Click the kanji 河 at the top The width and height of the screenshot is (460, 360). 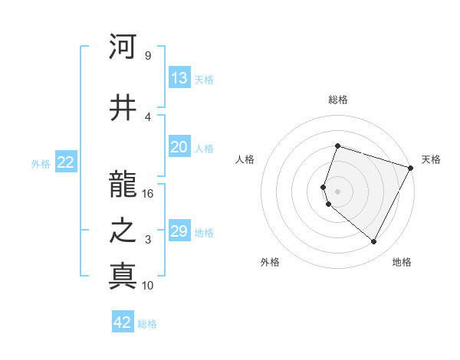pyautogui.click(x=123, y=47)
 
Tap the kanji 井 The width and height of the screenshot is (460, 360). pyautogui.click(x=123, y=107)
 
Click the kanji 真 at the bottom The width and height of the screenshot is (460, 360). pyautogui.click(x=123, y=277)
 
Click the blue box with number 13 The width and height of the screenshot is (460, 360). pyautogui.click(x=179, y=78)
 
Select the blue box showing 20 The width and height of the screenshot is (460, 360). pyautogui.click(x=179, y=148)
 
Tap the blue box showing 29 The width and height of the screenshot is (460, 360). pyautogui.click(x=179, y=231)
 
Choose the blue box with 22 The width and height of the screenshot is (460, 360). pyautogui.click(x=66, y=162)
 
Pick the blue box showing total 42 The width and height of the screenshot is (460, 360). pyautogui.click(x=123, y=322)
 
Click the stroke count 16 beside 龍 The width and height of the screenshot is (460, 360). pyautogui.click(x=148, y=194)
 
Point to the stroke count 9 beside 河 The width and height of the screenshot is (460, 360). pyautogui.click(x=148, y=56)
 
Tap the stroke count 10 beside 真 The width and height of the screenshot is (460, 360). pyautogui.click(x=148, y=286)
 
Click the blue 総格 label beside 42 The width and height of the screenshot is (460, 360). pyautogui.click(x=147, y=324)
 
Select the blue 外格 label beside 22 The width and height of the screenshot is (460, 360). pyautogui.click(x=41, y=163)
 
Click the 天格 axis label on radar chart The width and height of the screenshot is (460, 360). pyautogui.click(x=432, y=159)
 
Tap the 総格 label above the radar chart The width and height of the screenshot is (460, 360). pyautogui.click(x=337, y=100)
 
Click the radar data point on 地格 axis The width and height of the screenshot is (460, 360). pyautogui.click(x=373, y=241)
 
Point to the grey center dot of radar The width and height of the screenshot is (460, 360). pyautogui.click(x=337, y=191)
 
